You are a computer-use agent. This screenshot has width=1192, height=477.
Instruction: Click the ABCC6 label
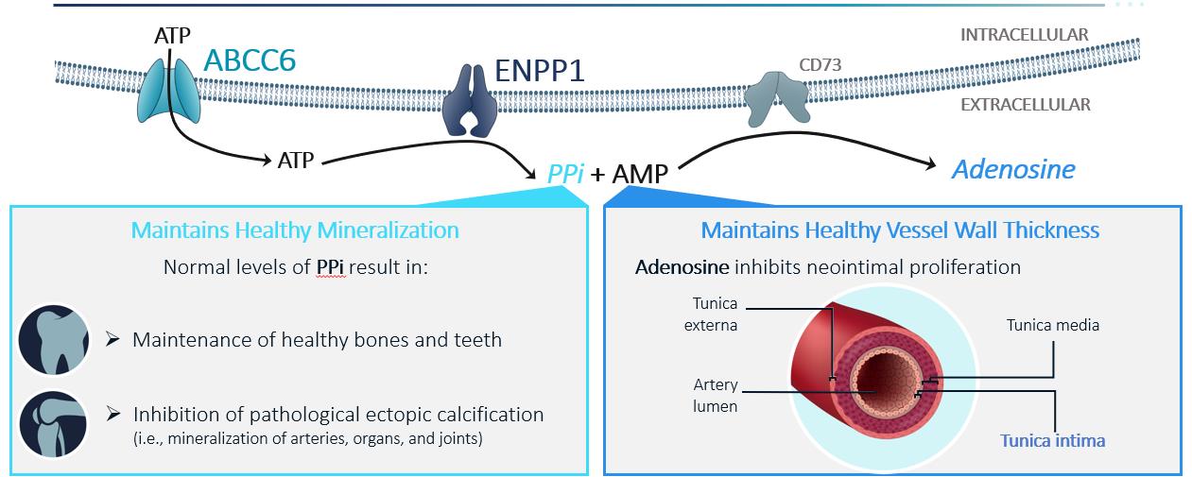point(250,60)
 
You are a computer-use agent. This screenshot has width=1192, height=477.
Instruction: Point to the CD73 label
point(820,66)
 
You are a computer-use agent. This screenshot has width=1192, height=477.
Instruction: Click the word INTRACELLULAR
point(1024,35)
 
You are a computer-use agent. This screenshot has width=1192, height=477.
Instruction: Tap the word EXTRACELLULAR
point(1025,105)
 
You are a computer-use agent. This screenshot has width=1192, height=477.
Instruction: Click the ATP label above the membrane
point(172,36)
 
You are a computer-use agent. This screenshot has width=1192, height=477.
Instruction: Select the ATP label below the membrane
point(296,162)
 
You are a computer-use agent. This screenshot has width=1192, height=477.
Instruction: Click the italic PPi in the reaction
point(565,174)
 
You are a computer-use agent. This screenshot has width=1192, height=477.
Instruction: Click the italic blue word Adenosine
point(1013,169)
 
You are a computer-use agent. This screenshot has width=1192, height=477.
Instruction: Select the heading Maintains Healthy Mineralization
point(295,230)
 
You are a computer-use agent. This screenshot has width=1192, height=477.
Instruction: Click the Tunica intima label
point(1053,440)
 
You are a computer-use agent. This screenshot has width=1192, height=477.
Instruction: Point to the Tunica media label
point(1052,325)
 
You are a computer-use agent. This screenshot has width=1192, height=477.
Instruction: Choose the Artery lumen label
point(715,396)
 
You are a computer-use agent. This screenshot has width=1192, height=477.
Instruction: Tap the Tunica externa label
point(714,315)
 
